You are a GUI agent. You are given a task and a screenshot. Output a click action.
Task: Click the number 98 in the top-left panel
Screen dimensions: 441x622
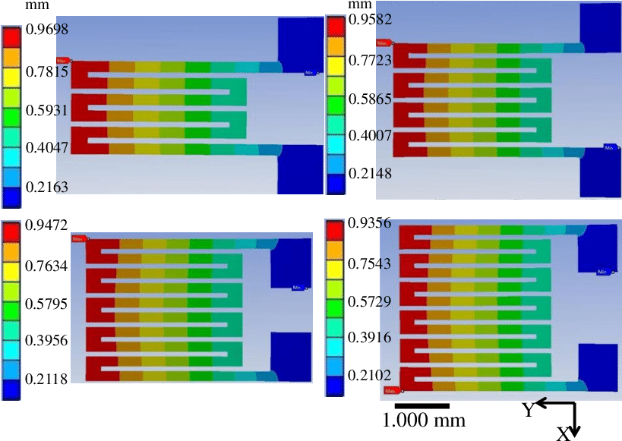tap(62, 30)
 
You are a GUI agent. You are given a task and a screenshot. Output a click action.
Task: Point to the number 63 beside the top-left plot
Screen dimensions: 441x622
tap(62, 187)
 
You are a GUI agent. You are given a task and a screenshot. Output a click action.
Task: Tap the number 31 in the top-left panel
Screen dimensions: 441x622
tap(62, 111)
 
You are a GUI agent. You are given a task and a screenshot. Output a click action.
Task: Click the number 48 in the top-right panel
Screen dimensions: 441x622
tap(384, 173)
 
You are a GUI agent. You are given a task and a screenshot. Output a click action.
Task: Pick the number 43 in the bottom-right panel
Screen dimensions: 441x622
tap(384, 263)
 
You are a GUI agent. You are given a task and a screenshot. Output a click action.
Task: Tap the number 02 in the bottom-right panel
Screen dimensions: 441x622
tap(384, 375)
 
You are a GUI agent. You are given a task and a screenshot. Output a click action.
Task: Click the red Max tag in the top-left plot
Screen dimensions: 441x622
tap(63, 61)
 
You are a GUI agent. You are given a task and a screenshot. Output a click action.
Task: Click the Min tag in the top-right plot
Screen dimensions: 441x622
tap(610, 147)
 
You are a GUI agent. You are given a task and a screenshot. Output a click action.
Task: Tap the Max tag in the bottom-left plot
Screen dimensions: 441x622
tap(77, 238)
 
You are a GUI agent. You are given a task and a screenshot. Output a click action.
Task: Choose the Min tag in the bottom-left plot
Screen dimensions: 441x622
tap(298, 287)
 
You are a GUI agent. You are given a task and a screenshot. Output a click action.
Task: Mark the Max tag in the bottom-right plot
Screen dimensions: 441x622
tap(391, 391)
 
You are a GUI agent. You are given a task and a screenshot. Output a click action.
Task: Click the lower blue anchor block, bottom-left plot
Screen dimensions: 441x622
tap(291, 356)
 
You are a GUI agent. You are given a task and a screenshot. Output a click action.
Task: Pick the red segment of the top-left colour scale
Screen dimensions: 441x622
tap(11, 36)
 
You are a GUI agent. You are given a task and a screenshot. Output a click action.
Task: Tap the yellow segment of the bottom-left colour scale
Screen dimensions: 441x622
tap(11, 271)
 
